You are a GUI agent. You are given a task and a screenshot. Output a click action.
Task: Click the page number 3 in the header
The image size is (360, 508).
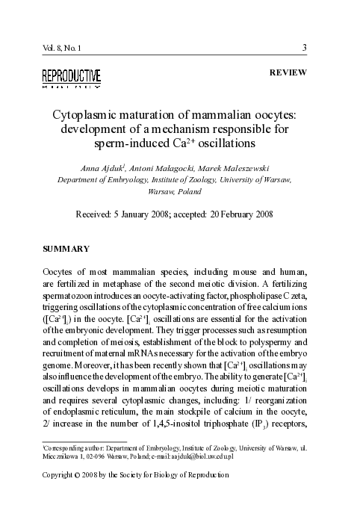(304, 49)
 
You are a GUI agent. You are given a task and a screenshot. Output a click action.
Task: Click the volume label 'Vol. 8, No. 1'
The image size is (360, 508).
(63, 49)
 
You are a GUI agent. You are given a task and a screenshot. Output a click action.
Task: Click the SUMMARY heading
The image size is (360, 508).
(66, 247)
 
